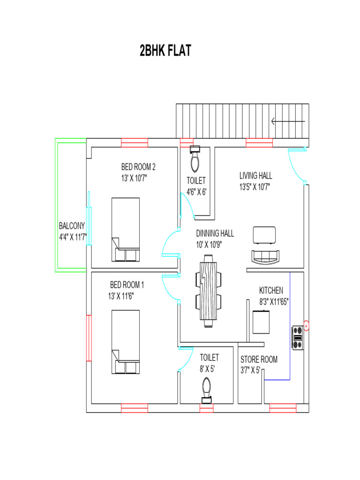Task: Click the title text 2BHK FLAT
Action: click(x=165, y=51)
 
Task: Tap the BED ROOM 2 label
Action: click(x=138, y=166)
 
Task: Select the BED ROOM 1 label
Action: click(x=127, y=285)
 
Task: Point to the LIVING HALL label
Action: click(x=256, y=176)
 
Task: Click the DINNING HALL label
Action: click(x=215, y=233)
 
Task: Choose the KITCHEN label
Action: click(x=271, y=291)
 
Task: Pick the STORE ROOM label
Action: click(x=259, y=360)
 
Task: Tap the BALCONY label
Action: click(x=72, y=225)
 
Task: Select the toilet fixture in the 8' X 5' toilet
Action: click(x=207, y=390)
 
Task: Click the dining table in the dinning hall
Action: click(x=209, y=291)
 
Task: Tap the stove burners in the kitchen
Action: click(x=297, y=337)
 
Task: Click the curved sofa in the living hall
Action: click(x=265, y=258)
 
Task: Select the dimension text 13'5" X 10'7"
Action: click(x=255, y=187)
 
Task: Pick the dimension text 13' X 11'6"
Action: click(x=127, y=296)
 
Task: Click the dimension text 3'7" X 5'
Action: click(x=250, y=370)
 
